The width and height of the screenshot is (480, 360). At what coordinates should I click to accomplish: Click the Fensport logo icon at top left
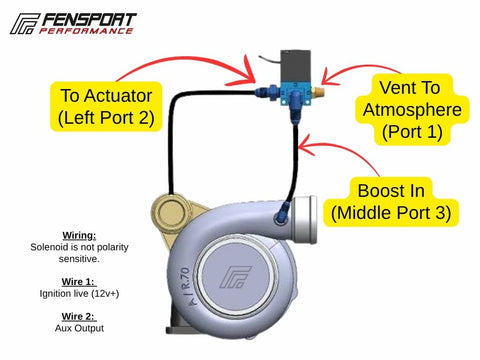click(x=25, y=24)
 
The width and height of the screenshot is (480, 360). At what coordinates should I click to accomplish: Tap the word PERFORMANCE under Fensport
click(x=86, y=31)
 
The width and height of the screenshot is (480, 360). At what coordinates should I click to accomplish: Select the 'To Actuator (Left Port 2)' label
click(x=106, y=106)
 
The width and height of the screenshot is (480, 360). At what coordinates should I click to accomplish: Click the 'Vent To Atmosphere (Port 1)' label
click(x=412, y=109)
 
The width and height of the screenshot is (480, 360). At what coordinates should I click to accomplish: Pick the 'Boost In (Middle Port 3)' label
click(x=391, y=202)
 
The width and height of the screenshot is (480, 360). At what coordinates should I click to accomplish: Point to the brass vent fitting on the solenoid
click(x=318, y=91)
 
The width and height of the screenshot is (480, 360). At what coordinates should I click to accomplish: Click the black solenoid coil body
click(x=296, y=66)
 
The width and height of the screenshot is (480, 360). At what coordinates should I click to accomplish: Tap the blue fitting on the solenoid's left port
click(x=266, y=91)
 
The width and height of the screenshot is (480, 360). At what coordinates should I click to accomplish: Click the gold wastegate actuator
click(x=171, y=213)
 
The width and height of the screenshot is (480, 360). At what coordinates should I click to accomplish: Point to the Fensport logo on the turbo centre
click(x=235, y=277)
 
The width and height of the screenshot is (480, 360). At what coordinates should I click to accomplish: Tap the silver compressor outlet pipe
click(x=304, y=220)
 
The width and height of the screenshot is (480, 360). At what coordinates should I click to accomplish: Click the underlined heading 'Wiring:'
click(x=79, y=236)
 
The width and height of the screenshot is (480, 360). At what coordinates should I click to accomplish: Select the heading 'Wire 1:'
click(x=79, y=282)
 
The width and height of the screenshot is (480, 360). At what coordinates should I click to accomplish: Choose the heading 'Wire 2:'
click(x=79, y=316)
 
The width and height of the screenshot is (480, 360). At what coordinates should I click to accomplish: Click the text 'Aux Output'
click(x=79, y=328)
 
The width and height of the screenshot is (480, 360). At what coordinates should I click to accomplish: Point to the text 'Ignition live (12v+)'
click(x=79, y=294)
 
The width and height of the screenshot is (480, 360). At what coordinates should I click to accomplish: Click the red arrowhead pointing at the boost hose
click(x=306, y=145)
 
